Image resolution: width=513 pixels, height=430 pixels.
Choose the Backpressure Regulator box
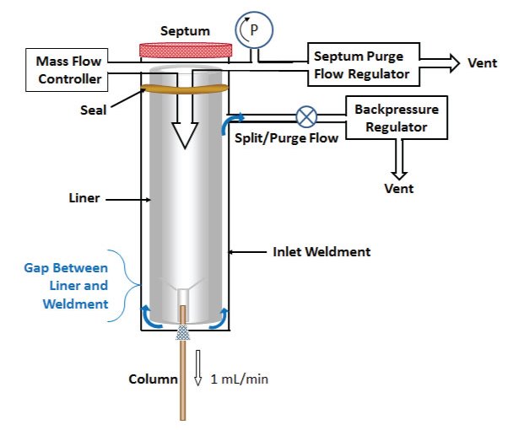pos(396,118)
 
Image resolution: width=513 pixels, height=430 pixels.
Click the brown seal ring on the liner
pos(185,86)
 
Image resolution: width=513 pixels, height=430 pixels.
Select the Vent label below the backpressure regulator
pos(399,189)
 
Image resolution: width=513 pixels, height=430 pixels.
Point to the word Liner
pos(84,199)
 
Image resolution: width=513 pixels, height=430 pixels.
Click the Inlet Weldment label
pos(321,251)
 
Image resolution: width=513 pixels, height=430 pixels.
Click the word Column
pos(153,379)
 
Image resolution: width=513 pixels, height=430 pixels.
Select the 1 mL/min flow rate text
pos(240,379)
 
